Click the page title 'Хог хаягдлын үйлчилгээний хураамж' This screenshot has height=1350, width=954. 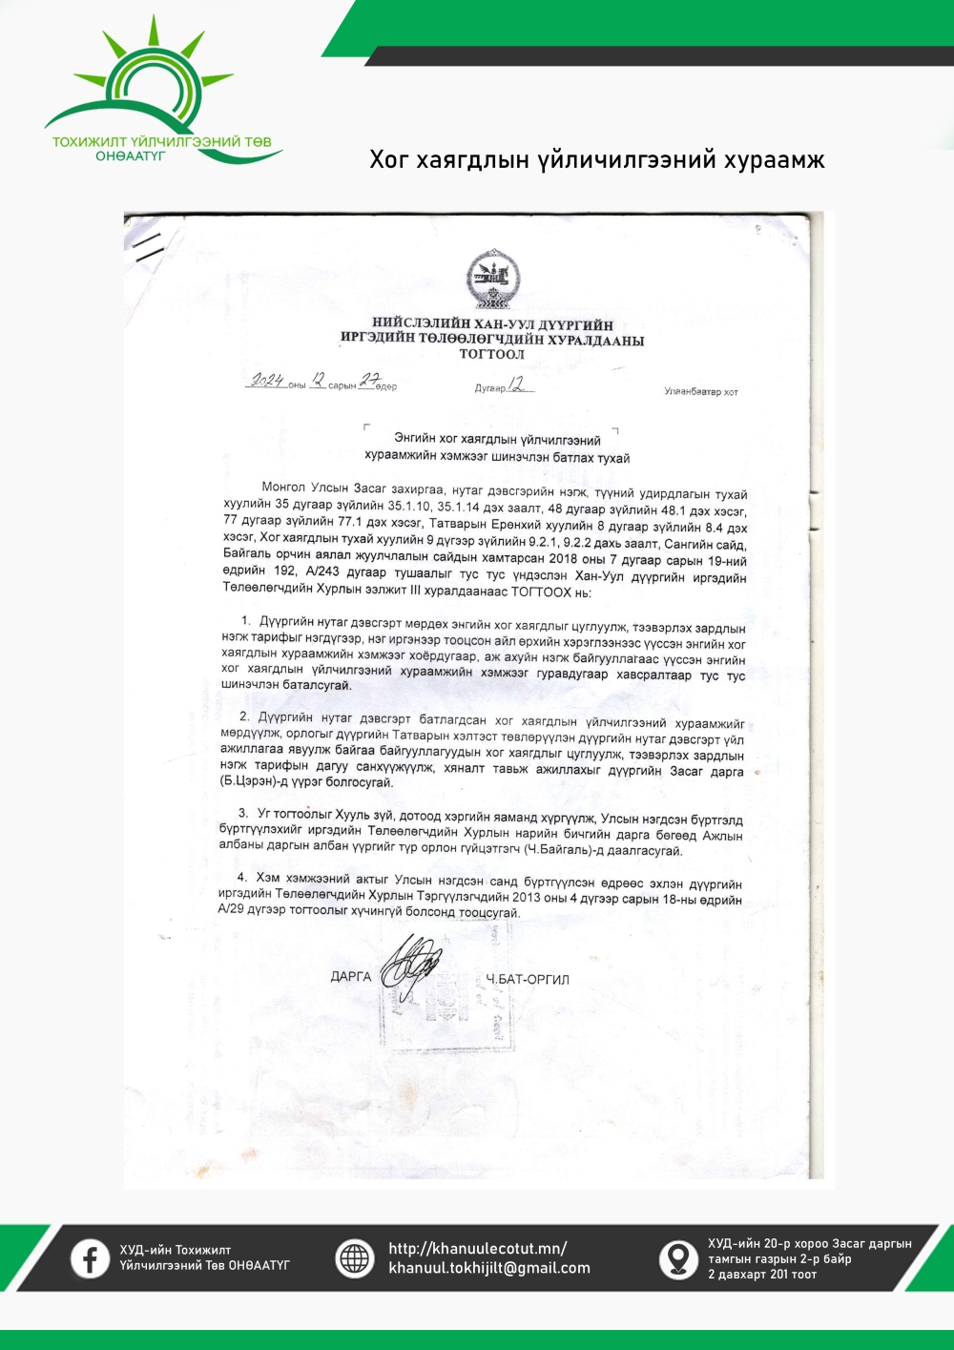(596, 159)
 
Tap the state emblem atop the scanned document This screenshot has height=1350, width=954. (492, 278)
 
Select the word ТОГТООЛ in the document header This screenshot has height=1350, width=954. (491, 354)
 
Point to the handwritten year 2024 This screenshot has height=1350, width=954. (267, 381)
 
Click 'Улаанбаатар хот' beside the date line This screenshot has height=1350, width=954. (701, 391)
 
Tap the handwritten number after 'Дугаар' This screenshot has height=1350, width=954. (518, 384)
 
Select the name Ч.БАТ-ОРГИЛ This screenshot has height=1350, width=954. (528, 979)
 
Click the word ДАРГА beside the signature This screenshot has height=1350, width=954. (350, 976)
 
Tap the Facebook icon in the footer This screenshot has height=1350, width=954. (90, 1258)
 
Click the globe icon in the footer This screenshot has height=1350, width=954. (354, 1258)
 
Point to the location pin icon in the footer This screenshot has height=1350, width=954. (678, 1258)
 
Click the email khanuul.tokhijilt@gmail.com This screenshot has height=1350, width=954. (488, 1268)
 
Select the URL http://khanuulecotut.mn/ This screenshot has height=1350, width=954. (477, 1248)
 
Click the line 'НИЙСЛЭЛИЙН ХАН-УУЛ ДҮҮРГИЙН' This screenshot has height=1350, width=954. (492, 324)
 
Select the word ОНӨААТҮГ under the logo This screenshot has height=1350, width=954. (130, 156)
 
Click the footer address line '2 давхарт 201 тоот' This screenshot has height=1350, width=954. (761, 1275)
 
